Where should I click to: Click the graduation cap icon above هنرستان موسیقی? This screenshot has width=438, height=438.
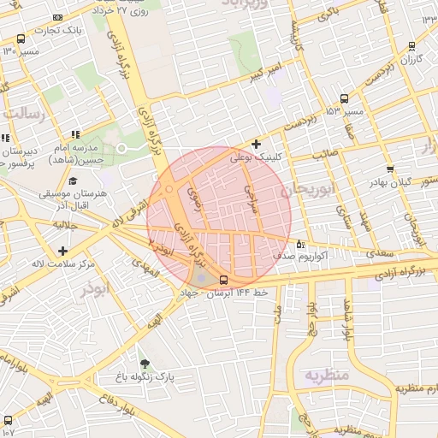pos(73,181)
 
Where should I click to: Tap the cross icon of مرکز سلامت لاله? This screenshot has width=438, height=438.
pos(63,251)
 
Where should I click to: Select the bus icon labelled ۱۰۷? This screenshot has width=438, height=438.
pos(9,420)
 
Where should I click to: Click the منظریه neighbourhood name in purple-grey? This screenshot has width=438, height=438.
pos(326,375)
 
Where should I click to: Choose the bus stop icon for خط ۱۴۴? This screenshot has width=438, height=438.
pos(224,280)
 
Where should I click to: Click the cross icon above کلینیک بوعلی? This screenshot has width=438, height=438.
pos(256,144)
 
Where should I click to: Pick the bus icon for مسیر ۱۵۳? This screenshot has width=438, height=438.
pos(344,98)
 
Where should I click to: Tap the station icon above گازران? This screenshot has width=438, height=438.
pos(412,46)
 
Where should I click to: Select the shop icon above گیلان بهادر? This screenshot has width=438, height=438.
pos(390,169)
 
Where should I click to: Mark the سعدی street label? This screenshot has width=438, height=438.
pos(381,253)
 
